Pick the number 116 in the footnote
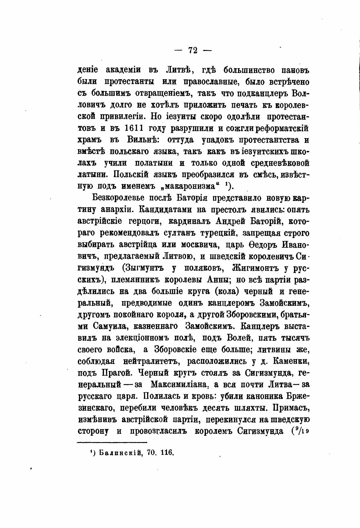point(167,452)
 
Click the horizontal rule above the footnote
point(112,442)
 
